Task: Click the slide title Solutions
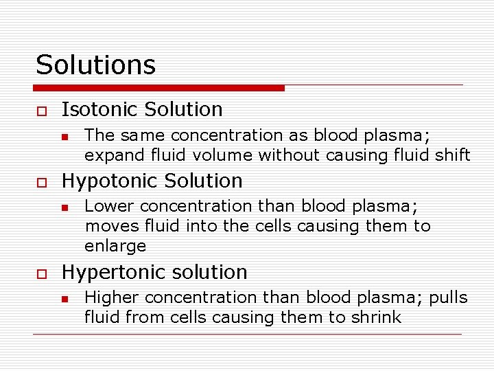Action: click(x=95, y=65)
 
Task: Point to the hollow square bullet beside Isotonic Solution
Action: click(x=40, y=110)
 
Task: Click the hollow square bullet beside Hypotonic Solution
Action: click(x=40, y=181)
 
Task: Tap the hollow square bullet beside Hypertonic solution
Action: click(x=40, y=273)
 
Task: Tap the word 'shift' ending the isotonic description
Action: click(x=454, y=155)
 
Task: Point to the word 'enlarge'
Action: click(x=115, y=246)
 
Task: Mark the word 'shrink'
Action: click(x=376, y=317)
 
